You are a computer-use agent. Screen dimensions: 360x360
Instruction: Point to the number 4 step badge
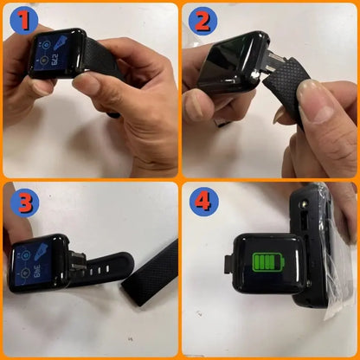point(204,204)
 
